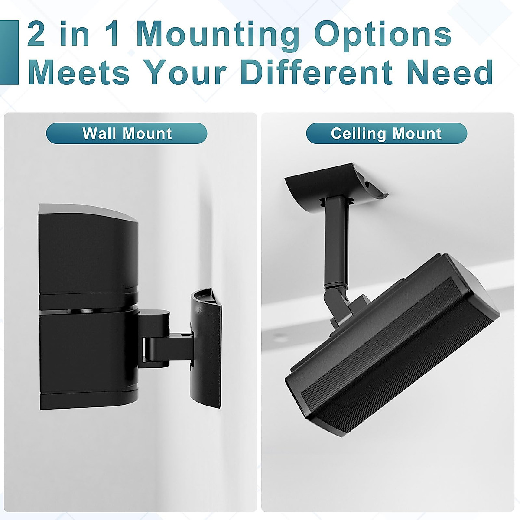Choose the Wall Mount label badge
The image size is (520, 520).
click(x=127, y=133)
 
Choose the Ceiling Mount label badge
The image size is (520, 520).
click(x=386, y=133)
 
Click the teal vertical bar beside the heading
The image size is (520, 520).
click(x=9, y=52)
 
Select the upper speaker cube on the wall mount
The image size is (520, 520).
click(x=89, y=251)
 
